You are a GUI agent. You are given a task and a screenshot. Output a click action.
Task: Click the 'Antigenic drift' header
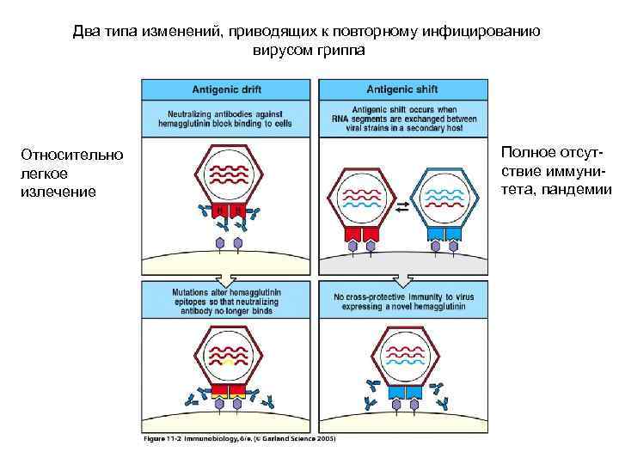point(227,89)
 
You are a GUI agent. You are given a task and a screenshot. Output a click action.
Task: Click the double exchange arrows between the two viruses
point(402,205)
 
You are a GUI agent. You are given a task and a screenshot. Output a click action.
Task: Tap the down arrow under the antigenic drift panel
point(227,280)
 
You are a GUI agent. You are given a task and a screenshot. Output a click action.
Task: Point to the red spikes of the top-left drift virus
point(228,211)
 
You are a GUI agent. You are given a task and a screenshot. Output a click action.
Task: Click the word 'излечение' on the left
point(58,190)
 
